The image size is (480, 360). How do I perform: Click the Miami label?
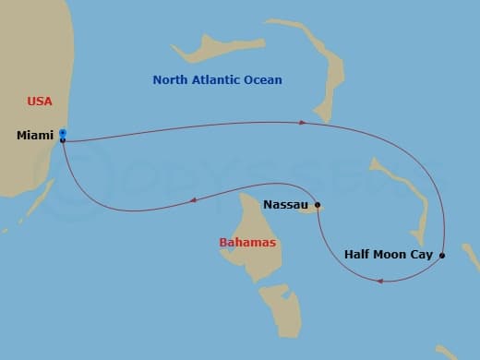click(35, 136)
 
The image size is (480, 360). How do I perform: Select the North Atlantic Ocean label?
click(217, 80)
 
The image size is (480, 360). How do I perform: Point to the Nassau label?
click(285, 205)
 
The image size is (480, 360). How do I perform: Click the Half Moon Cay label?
click(388, 254)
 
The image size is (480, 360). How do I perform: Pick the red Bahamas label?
click(247, 243)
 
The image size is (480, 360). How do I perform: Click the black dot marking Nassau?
click(318, 205)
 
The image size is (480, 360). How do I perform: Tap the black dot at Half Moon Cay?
click(442, 255)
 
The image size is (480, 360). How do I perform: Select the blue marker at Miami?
click(62, 133)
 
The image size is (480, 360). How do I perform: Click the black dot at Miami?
click(62, 140)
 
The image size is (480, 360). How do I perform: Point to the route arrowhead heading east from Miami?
click(302, 122)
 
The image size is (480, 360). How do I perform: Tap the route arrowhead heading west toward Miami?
click(192, 199)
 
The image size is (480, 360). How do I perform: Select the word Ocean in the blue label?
click(262, 80)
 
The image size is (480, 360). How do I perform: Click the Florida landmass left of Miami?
click(23, 166)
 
